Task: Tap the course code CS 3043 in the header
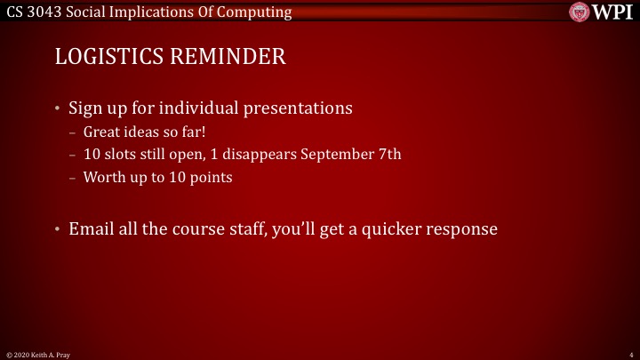tap(34, 12)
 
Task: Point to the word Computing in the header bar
tap(258, 12)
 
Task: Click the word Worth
tap(103, 176)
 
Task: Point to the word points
tap(211, 176)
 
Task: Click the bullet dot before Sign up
tap(58, 110)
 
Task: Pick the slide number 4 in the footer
tap(629, 354)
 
